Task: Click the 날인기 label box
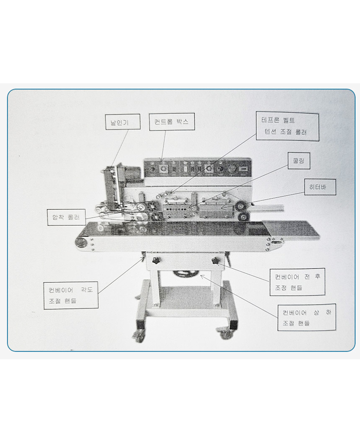(x=123, y=122)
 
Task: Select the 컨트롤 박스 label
(x=172, y=122)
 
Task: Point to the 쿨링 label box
(x=299, y=161)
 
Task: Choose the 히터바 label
(x=320, y=187)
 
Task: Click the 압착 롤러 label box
(x=66, y=217)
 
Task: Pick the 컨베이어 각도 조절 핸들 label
(x=71, y=295)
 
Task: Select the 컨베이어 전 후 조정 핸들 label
(x=297, y=282)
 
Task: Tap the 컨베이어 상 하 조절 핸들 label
(x=307, y=317)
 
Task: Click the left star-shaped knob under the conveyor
(x=155, y=261)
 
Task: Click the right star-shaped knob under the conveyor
(x=216, y=261)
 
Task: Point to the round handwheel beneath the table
(x=186, y=273)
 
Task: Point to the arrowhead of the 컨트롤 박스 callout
(x=162, y=159)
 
